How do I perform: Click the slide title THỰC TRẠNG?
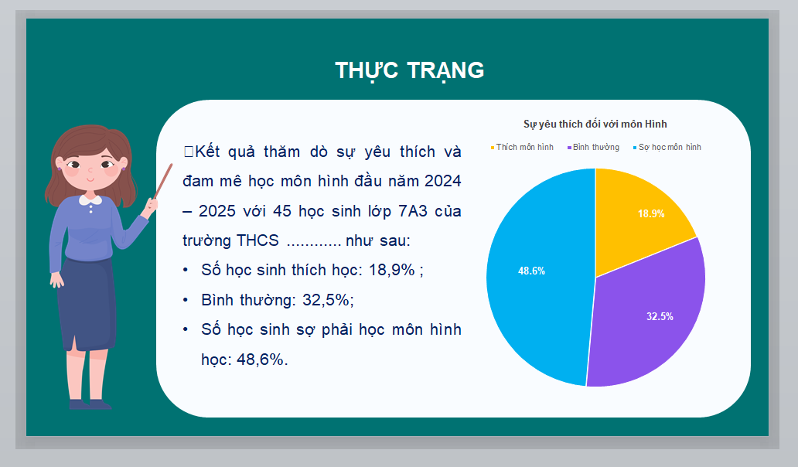(409, 70)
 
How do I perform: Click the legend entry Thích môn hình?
(522, 147)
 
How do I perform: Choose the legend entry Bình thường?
(593, 147)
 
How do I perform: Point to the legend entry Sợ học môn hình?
(667, 147)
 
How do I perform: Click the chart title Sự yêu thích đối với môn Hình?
(595, 124)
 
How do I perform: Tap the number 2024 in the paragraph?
(443, 181)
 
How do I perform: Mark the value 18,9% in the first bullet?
(392, 270)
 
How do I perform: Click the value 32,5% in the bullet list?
(326, 300)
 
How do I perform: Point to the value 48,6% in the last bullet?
(260, 360)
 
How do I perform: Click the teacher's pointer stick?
(163, 181)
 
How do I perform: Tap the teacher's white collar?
(90, 200)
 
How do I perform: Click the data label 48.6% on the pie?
(531, 271)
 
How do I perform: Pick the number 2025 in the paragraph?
(217, 210)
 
